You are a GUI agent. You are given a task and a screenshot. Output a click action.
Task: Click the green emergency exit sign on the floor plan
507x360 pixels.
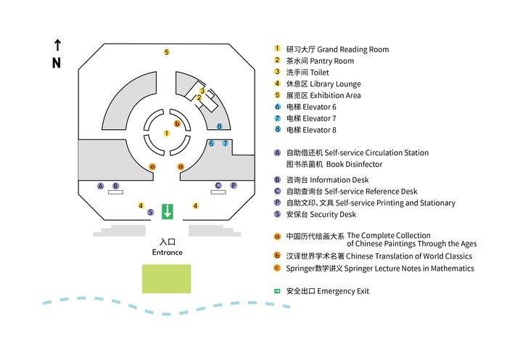[x=168, y=211]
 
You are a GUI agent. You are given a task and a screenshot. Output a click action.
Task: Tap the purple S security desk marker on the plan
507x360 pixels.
[x=151, y=213]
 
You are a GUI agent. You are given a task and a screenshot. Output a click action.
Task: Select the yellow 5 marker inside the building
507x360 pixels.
[x=166, y=52]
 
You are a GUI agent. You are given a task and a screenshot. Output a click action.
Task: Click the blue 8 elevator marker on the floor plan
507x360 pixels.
[x=219, y=126]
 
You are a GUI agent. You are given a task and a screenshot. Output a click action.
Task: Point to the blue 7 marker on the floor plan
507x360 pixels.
[x=226, y=144]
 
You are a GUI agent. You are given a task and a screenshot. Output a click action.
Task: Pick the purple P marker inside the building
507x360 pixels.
[x=234, y=186]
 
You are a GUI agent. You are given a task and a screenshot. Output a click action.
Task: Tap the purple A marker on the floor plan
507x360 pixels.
[x=101, y=186]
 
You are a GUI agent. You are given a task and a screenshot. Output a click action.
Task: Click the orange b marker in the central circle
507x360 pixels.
[x=177, y=123]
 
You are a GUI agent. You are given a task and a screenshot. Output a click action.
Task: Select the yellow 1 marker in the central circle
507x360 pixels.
[x=166, y=134]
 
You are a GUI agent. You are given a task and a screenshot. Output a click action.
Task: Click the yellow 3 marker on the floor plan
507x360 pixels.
[x=203, y=91]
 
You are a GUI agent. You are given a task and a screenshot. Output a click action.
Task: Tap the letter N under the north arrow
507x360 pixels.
[x=57, y=63]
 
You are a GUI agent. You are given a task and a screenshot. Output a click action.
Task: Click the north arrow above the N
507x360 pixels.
[x=57, y=45]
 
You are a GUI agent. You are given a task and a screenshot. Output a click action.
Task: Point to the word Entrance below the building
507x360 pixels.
[x=167, y=253]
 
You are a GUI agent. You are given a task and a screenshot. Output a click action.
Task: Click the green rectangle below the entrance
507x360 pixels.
[x=166, y=279]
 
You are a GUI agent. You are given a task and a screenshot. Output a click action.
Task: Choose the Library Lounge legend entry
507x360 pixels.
[x=334, y=84]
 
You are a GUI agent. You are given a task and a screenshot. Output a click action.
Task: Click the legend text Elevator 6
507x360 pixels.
[x=322, y=107]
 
